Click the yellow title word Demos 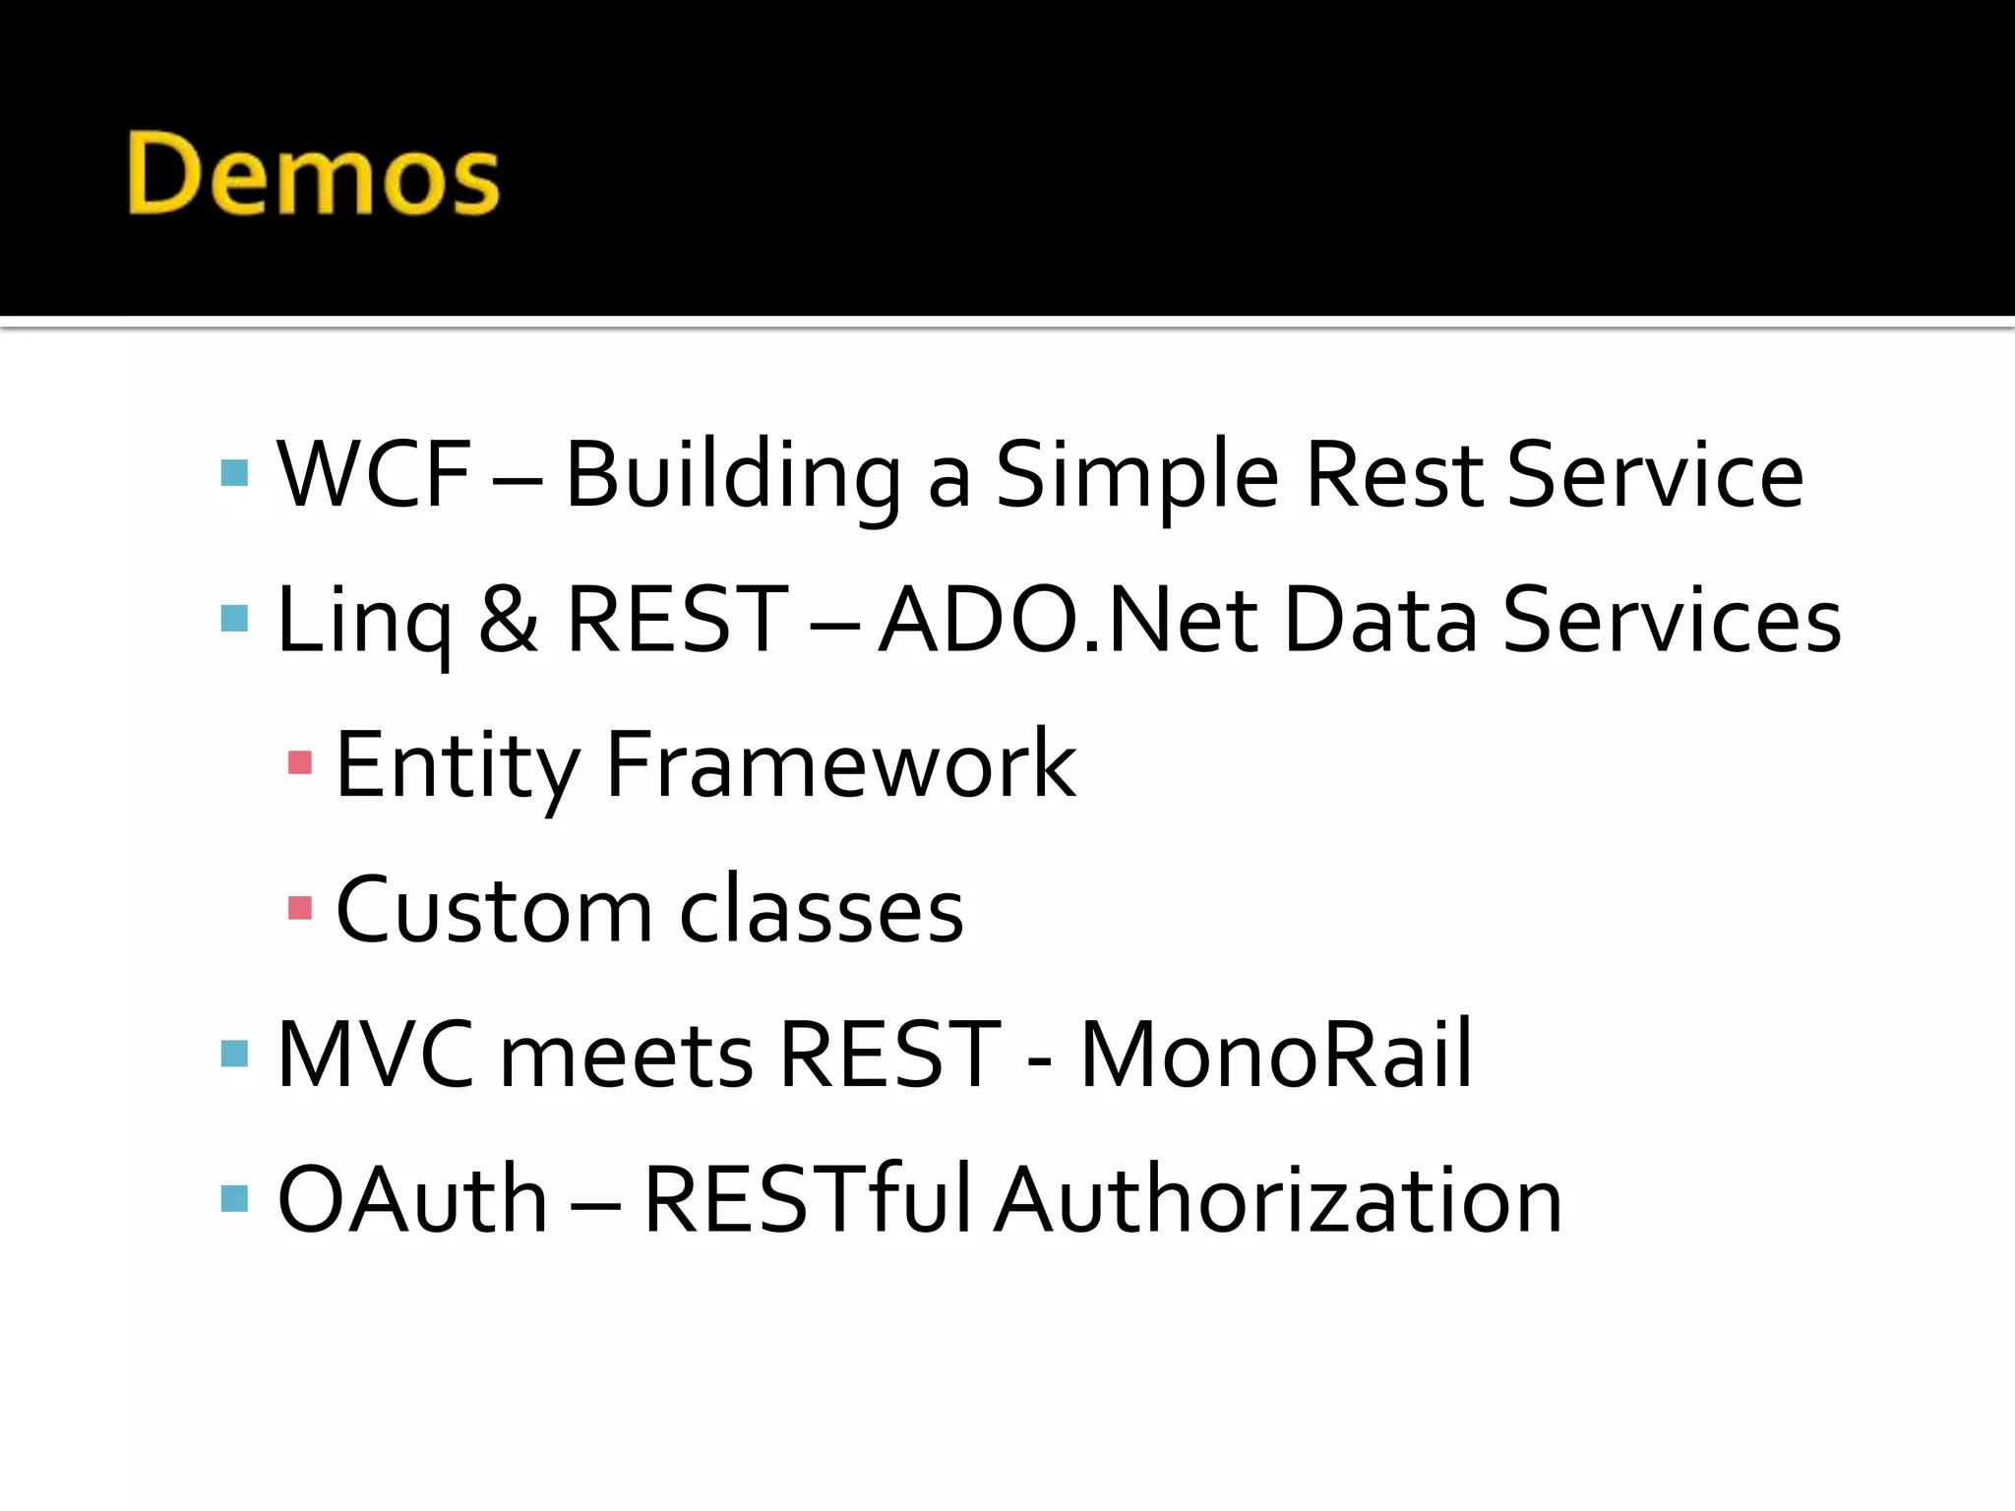[314, 175]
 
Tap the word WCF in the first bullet [375, 475]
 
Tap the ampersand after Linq [509, 620]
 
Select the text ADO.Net [1069, 620]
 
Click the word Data [1380, 620]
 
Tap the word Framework [841, 764]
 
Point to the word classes [822, 910]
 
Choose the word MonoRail [1276, 1055]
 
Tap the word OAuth [412, 1199]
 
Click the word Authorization [1278, 1199]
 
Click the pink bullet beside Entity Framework [300, 763]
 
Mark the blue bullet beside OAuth [235, 1198]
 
